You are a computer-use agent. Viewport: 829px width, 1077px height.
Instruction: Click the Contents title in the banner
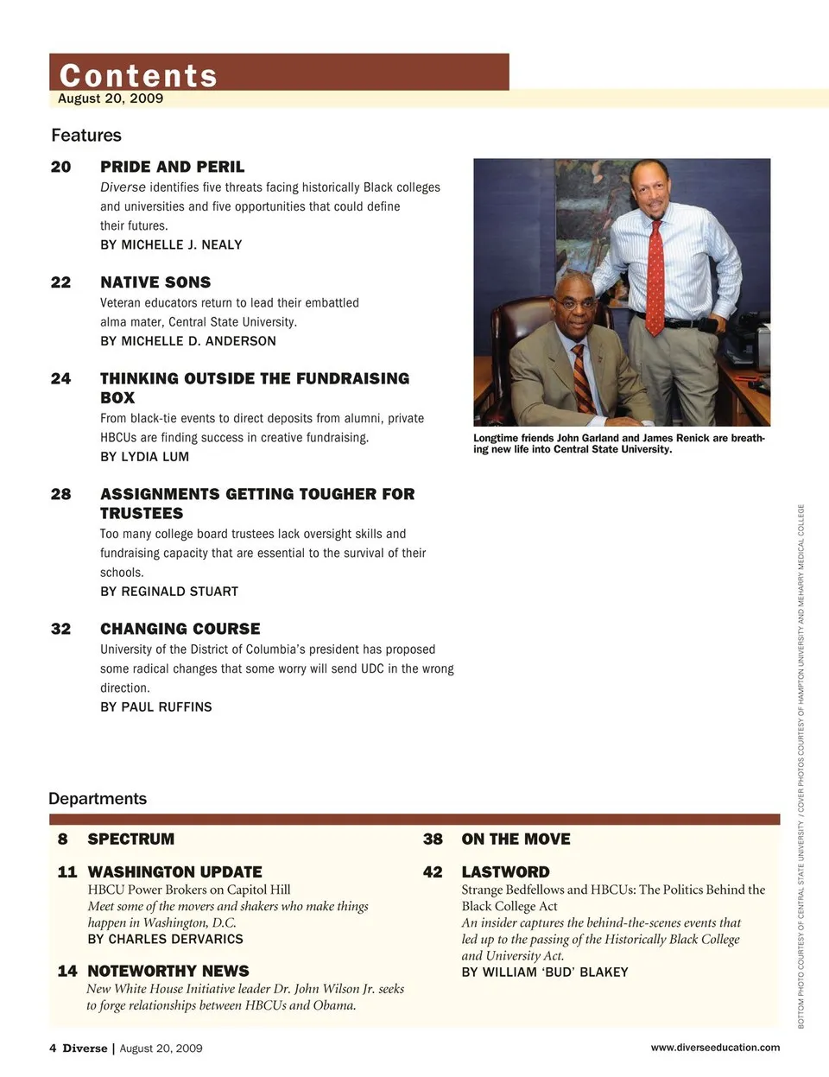coord(138,75)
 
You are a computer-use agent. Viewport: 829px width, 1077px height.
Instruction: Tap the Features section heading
coord(86,136)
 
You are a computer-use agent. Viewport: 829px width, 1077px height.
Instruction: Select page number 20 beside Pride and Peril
coord(60,167)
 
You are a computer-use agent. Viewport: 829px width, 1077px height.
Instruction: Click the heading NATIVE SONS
coord(155,282)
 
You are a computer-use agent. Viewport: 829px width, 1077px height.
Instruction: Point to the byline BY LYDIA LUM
coord(144,457)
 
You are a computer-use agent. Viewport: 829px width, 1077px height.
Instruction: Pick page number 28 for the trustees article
coord(60,494)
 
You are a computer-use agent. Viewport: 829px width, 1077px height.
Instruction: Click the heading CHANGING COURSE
coord(180,629)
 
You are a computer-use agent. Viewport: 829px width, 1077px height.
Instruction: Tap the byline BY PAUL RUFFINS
coord(155,707)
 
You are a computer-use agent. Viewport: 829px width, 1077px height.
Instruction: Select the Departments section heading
coord(98,799)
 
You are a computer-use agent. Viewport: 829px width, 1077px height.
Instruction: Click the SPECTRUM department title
coord(130,839)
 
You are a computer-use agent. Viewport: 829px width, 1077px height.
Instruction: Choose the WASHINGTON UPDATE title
coord(174,872)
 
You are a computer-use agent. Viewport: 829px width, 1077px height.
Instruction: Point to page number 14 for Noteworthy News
coord(66,972)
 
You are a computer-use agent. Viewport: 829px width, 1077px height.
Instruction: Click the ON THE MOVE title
coord(516,839)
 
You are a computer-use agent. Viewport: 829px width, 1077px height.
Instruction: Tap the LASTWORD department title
coord(505,872)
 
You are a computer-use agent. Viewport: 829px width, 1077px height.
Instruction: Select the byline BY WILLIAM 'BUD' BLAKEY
coord(544,972)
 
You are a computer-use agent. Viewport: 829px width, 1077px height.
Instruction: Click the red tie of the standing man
coord(655,276)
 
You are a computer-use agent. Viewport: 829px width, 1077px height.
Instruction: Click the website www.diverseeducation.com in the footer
coord(714,1048)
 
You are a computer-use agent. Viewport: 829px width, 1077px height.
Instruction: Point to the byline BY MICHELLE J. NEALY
coord(171,245)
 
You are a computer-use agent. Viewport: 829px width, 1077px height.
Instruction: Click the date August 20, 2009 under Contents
coord(111,98)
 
